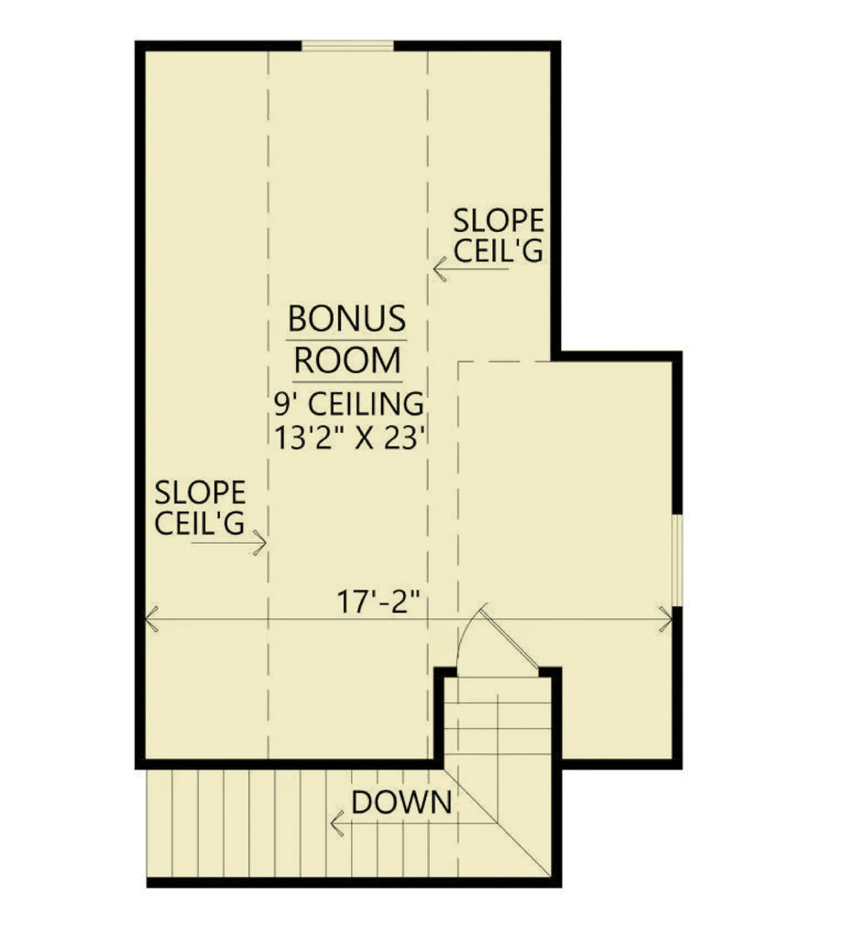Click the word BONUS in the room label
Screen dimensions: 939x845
pos(346,319)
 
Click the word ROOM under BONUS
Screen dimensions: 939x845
pos(346,359)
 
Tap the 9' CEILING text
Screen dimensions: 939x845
pos(347,403)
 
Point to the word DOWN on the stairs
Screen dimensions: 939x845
pos(402,802)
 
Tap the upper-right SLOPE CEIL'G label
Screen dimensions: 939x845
pos(499,237)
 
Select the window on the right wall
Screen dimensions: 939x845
pos(676,561)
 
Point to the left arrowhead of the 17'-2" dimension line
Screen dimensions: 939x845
pos(152,621)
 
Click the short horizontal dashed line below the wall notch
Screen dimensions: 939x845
pos(504,363)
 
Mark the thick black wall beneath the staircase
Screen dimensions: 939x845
pos(353,882)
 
